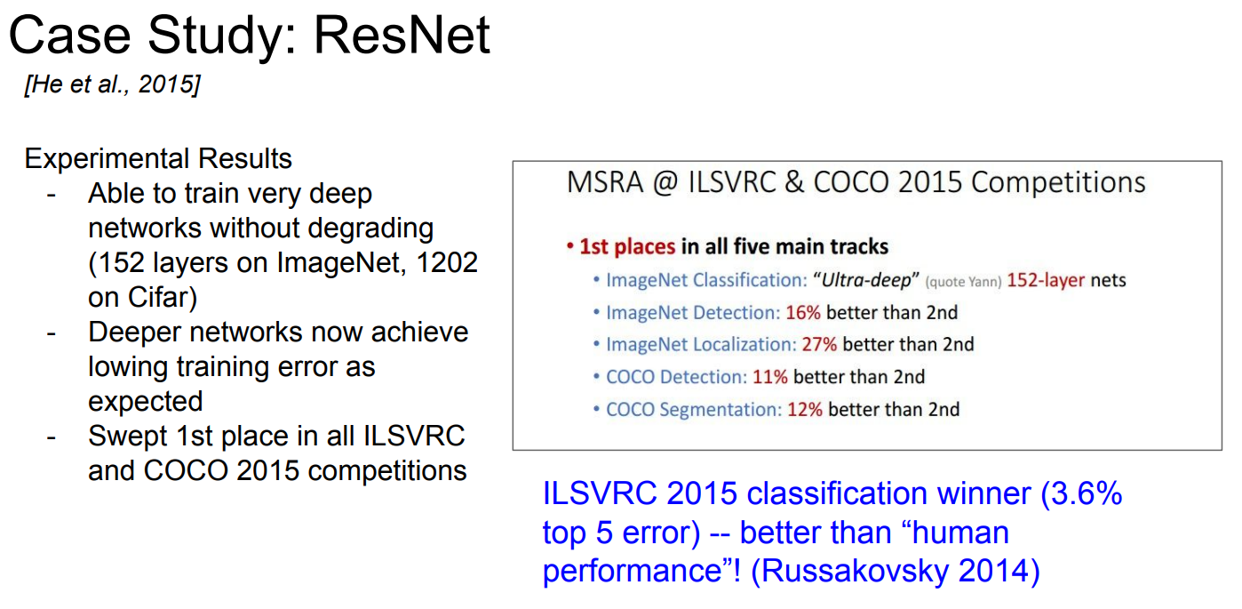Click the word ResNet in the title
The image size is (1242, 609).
coord(402,36)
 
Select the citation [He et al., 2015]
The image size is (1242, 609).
coord(113,84)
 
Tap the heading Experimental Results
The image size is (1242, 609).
coord(158,158)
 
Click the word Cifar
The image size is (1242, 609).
coord(160,297)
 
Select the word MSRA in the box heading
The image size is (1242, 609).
coord(605,182)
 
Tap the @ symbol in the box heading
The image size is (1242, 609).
coord(665,183)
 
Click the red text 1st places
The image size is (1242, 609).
coord(627,247)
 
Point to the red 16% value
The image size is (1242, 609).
coord(803,313)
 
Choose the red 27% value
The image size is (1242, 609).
coord(819,344)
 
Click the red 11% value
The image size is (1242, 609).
coord(769,377)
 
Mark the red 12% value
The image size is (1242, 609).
coord(805,410)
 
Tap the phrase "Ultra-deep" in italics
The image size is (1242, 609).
coord(866,280)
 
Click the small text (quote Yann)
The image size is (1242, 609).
coord(963,283)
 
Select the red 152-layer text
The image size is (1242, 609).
coord(1046,280)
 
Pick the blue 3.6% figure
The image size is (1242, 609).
coord(1087,493)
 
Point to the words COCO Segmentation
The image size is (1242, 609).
coord(694,410)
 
